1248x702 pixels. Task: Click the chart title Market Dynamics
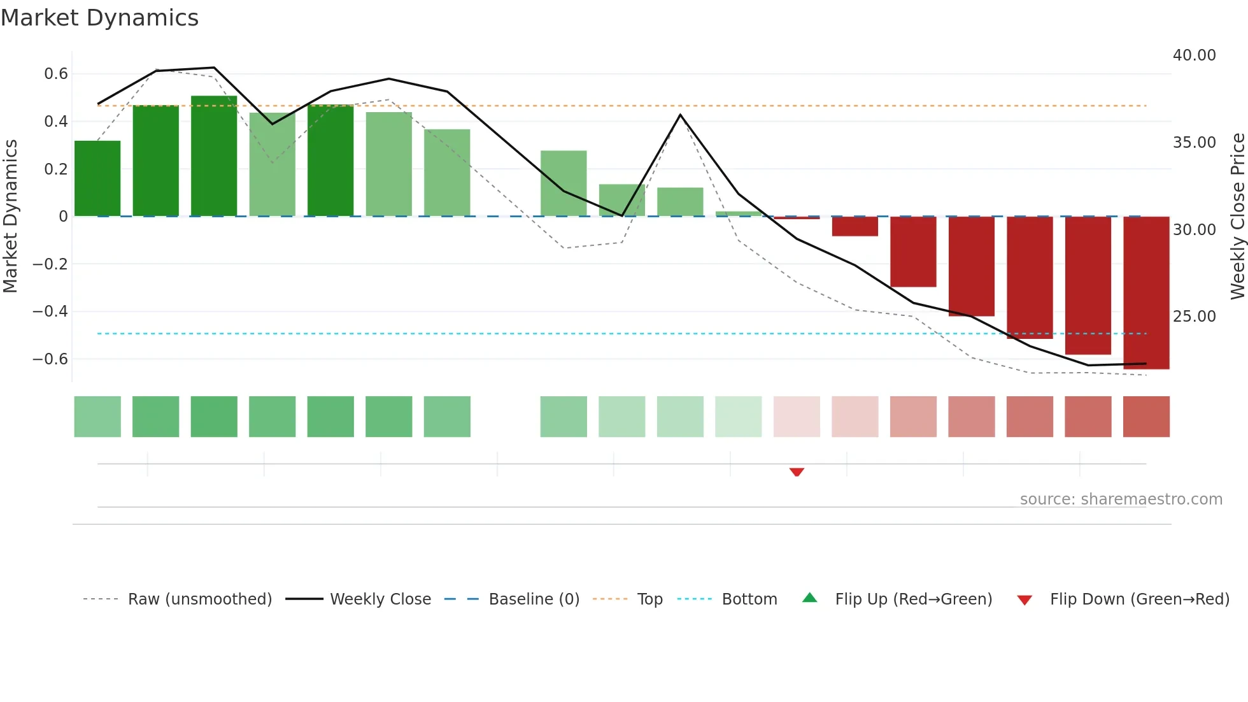(x=100, y=18)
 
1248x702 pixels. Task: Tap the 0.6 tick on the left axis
(x=56, y=74)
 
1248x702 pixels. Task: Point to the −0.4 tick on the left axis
(x=50, y=312)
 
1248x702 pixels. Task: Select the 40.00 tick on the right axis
(x=1194, y=55)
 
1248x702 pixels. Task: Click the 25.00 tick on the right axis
(x=1194, y=317)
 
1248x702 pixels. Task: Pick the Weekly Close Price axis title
(x=1237, y=216)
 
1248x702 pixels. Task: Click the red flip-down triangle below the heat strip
(x=797, y=472)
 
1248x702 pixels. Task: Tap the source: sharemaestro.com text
(x=1121, y=499)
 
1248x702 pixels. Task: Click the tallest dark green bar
(x=214, y=156)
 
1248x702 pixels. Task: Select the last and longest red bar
(x=1146, y=293)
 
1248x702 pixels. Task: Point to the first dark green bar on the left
(x=97, y=178)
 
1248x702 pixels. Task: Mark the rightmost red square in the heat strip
(x=1146, y=417)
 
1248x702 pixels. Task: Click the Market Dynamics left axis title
(x=10, y=216)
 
